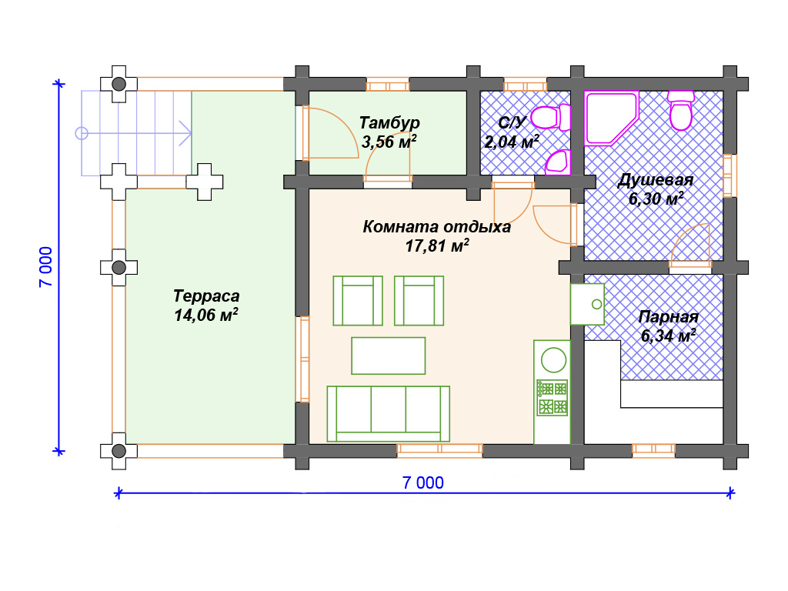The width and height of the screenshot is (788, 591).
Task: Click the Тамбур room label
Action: [x=389, y=122]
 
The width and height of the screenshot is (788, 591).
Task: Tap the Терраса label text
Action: [x=206, y=296]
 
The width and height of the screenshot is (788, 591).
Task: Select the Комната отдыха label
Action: [x=437, y=227]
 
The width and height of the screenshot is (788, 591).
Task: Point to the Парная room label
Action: [x=668, y=317]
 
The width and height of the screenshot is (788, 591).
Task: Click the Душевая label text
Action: [x=656, y=180]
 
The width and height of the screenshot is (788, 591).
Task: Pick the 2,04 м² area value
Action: [x=512, y=142]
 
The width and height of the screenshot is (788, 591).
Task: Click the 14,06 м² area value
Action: [x=206, y=315]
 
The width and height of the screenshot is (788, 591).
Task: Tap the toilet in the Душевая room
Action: [x=681, y=111]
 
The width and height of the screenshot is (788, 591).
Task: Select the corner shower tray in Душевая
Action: [x=611, y=119]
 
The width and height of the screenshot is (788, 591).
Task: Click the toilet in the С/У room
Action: [x=551, y=117]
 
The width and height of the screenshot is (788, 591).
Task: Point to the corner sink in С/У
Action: [x=559, y=162]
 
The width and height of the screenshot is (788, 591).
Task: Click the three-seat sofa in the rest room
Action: [x=388, y=413]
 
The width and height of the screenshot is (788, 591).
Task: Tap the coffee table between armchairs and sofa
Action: [x=388, y=356]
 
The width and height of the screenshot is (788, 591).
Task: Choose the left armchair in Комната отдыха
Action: [x=358, y=301]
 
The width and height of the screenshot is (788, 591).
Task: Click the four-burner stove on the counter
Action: [x=553, y=398]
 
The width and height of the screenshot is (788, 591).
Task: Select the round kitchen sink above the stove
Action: [x=553, y=360]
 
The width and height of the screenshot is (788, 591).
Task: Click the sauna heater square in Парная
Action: [x=587, y=304]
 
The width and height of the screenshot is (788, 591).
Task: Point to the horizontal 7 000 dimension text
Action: [x=423, y=482]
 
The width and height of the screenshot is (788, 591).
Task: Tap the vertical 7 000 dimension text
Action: [x=45, y=267]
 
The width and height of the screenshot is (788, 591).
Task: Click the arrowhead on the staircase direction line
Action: [x=186, y=133]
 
